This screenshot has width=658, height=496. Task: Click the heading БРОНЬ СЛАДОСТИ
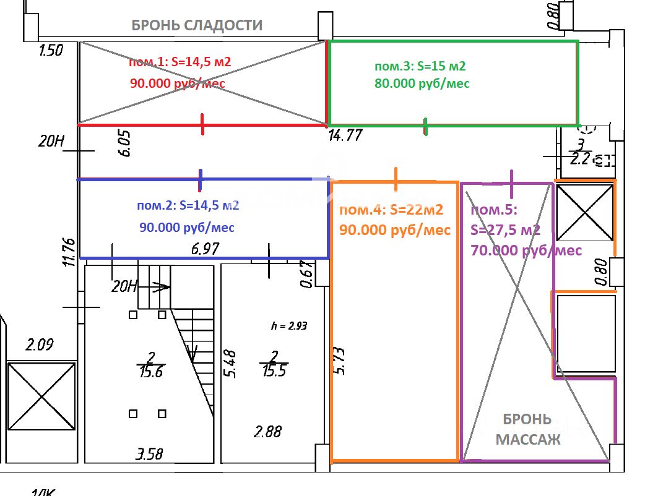click(197, 25)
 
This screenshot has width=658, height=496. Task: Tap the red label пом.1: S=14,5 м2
click(179, 62)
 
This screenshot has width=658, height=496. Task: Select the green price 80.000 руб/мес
click(422, 83)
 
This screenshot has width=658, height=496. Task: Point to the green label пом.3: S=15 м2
click(420, 66)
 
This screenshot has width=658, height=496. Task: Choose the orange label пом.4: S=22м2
click(391, 210)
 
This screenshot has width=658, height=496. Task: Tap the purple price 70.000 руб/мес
click(526, 250)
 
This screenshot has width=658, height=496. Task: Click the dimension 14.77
click(345, 135)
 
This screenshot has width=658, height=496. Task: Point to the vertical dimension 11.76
click(69, 252)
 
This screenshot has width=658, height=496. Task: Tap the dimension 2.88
click(268, 431)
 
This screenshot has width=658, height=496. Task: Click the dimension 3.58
click(149, 455)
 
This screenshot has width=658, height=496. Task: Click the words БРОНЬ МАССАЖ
click(527, 430)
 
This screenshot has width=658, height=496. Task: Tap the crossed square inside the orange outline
click(584, 212)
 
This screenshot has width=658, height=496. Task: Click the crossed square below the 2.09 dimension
click(41, 396)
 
